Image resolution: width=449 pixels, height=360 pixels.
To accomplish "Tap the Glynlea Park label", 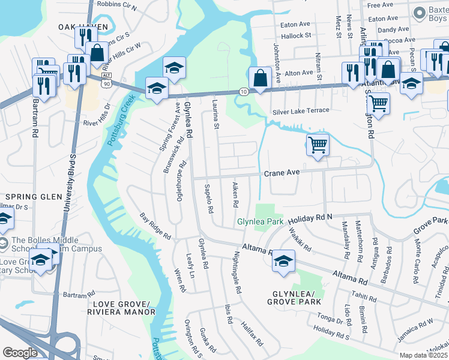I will (260, 221).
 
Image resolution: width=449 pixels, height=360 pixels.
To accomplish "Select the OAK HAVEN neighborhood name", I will (83, 27).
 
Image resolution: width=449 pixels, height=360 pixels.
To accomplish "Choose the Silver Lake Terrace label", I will (301, 111).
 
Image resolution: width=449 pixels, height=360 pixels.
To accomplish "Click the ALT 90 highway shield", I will (106, 82).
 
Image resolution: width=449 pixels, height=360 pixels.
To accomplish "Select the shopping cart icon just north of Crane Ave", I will (318, 145).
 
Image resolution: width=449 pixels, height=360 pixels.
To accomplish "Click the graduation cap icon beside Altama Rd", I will (283, 262).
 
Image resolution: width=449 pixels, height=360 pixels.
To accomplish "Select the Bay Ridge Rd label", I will (155, 224).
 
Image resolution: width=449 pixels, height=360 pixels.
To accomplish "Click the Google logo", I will (20, 353).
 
